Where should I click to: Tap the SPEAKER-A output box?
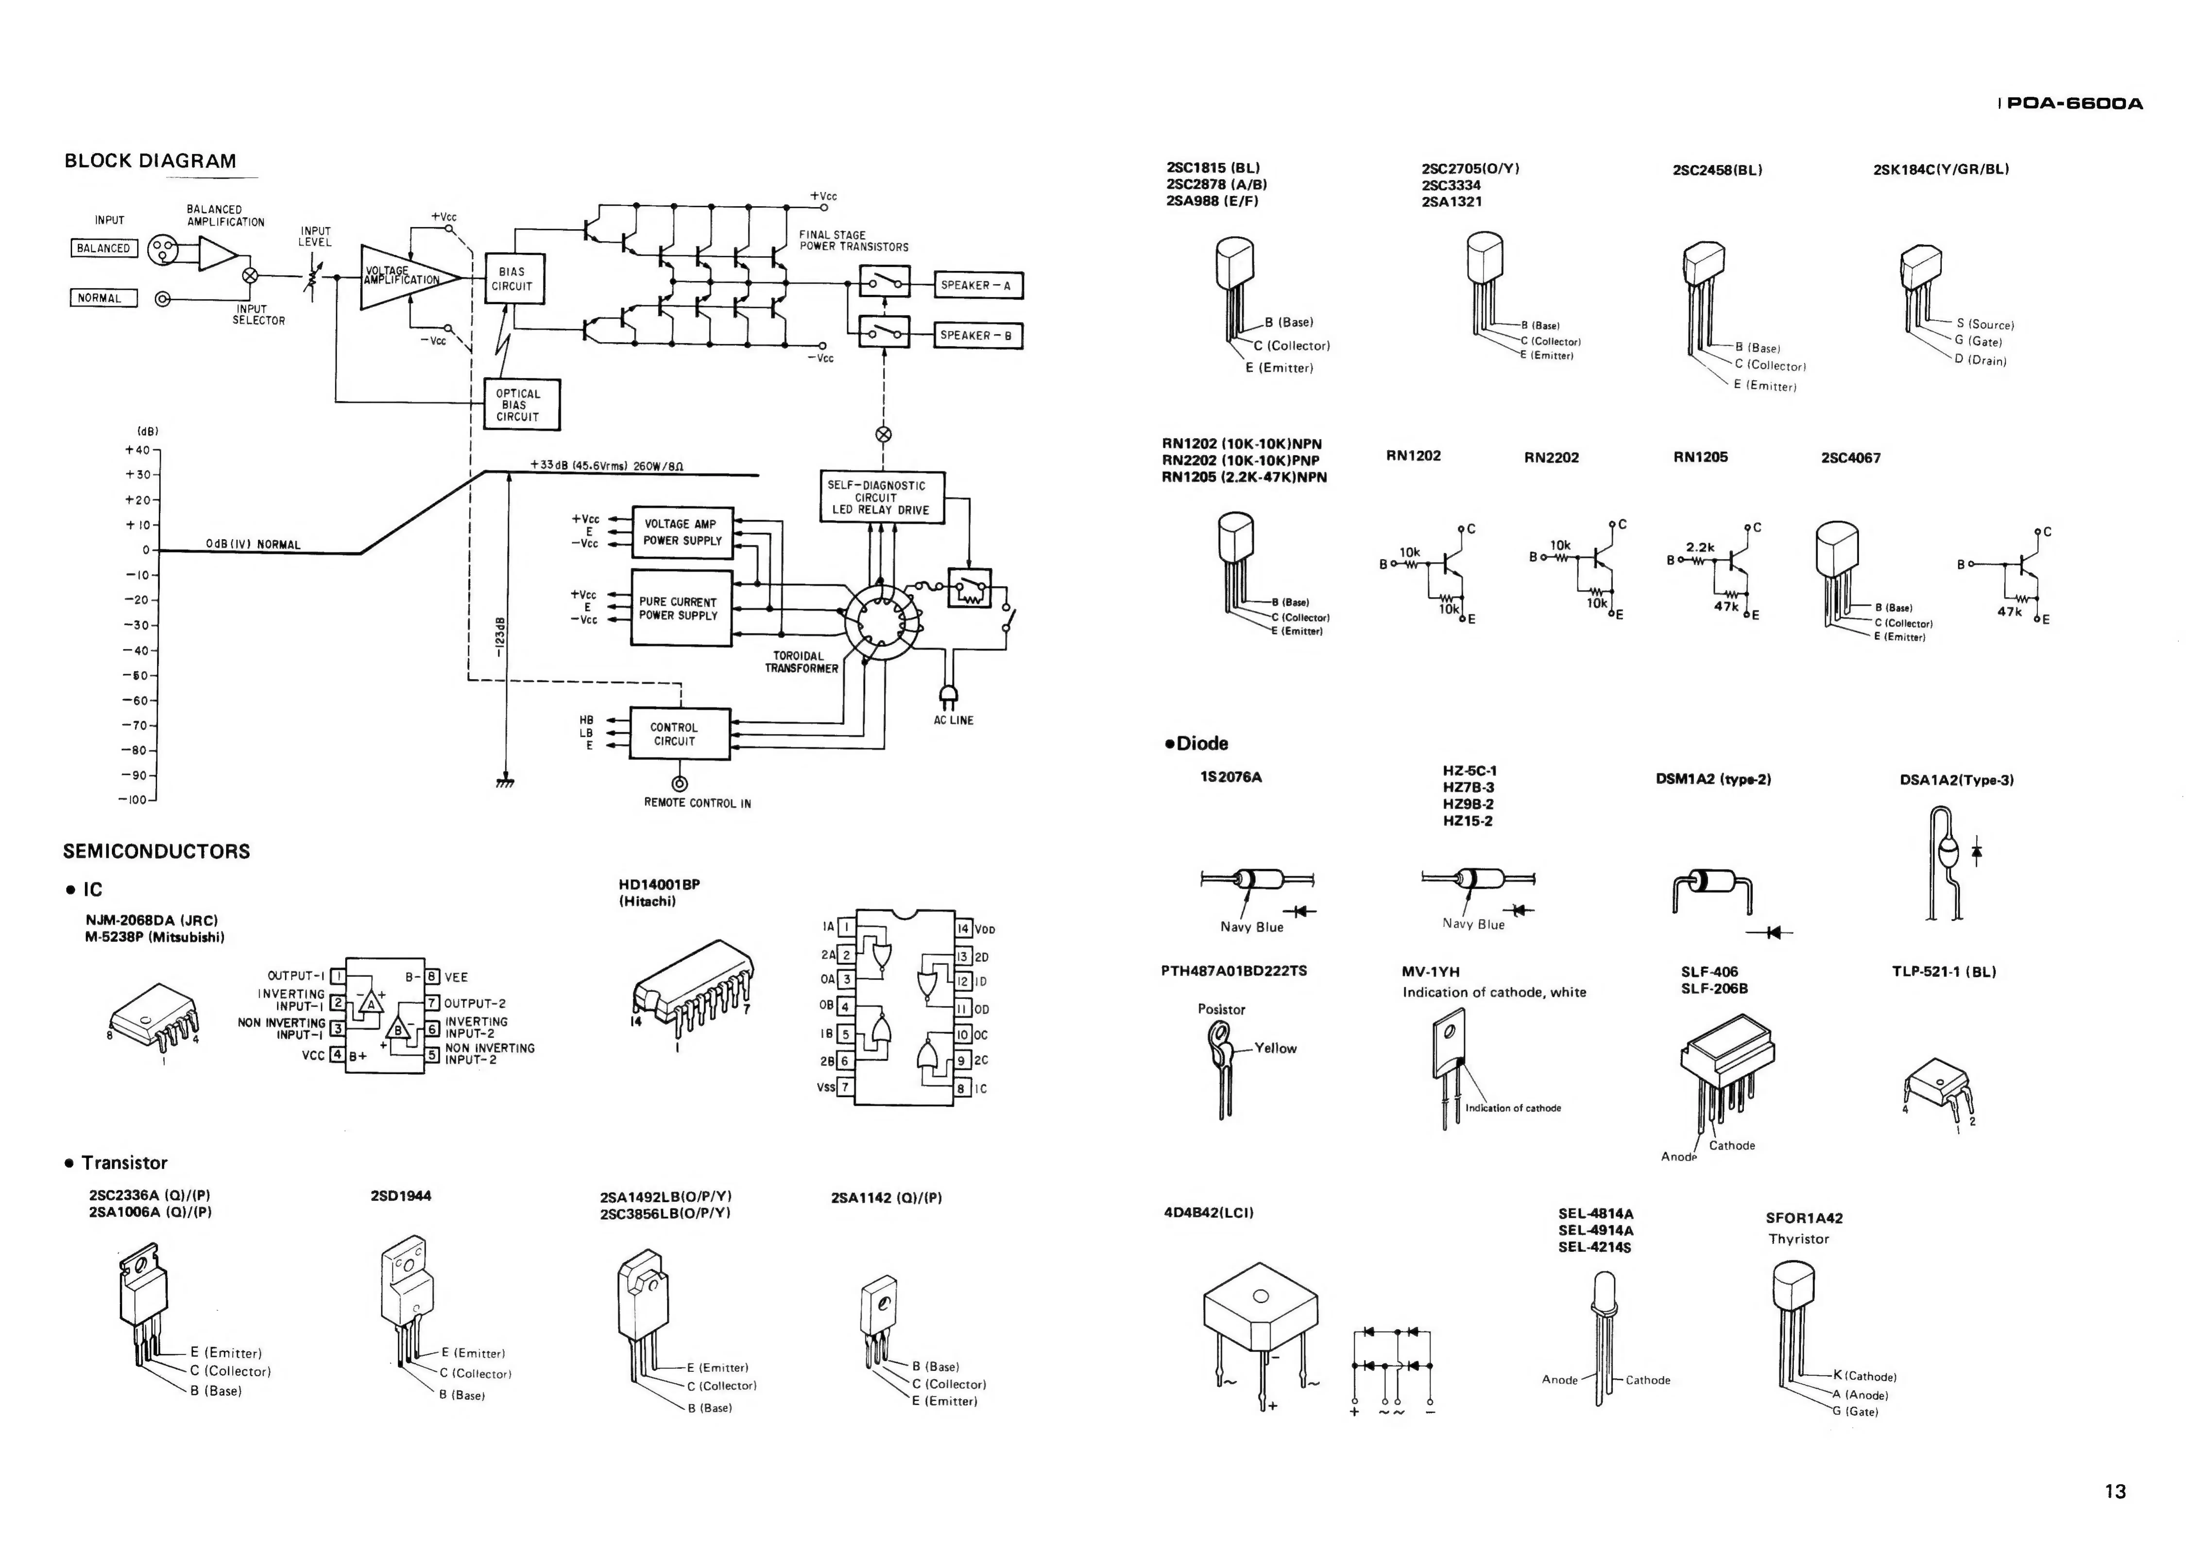(978, 285)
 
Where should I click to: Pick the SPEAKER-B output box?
(978, 335)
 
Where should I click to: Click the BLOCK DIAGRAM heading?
(150, 161)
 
